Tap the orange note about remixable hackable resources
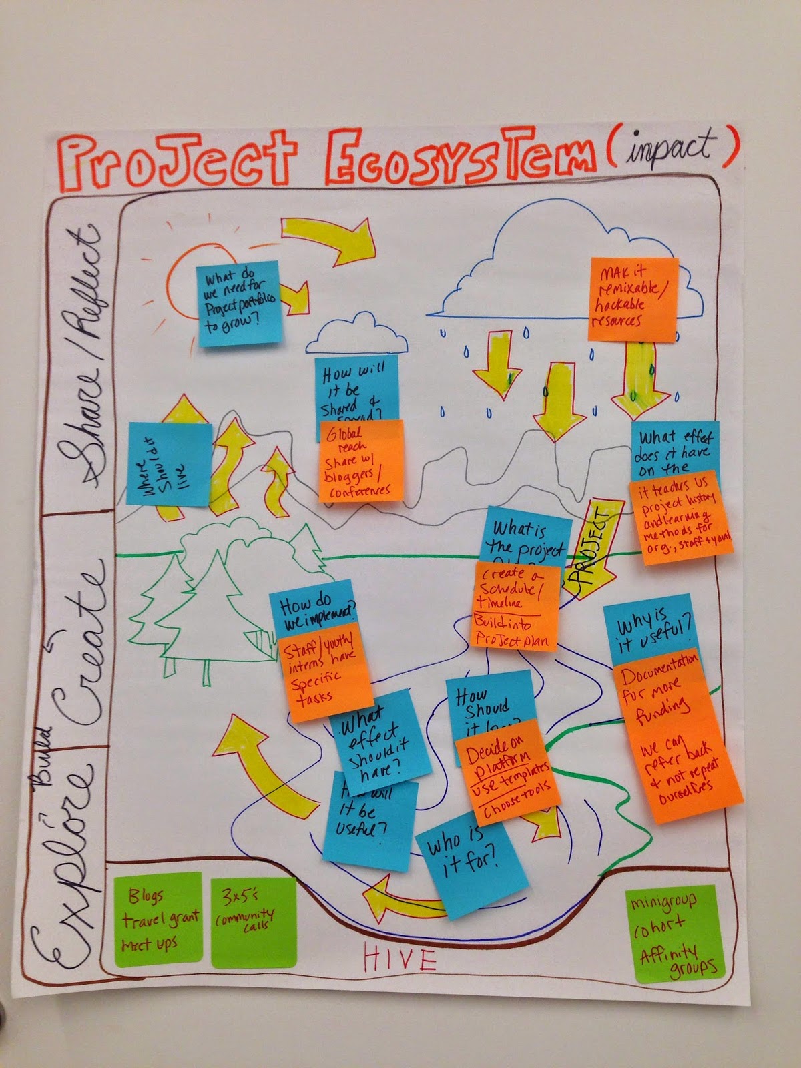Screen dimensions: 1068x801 pos(633,299)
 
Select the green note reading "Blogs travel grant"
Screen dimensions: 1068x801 pos(159,919)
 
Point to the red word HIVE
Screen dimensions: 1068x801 pos(399,959)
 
